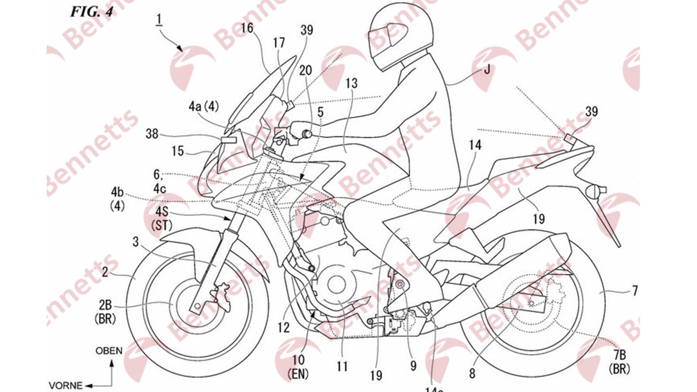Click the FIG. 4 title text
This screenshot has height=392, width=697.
point(91,11)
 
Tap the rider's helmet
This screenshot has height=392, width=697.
point(401,37)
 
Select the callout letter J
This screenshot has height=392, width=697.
point(487,69)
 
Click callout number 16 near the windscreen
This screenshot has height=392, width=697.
point(247,28)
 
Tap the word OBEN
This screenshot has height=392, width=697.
point(109,351)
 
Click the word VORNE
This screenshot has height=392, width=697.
point(65,385)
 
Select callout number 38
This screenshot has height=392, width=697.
point(152,134)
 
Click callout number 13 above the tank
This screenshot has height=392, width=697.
point(351,83)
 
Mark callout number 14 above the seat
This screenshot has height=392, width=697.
point(475,145)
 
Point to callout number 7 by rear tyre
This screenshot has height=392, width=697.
point(634,291)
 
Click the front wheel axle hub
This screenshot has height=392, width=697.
point(197,307)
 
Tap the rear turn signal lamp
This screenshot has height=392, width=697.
point(594,190)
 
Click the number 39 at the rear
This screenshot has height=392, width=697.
point(592,112)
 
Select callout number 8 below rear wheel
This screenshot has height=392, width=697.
point(472,373)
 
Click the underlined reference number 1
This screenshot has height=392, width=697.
point(159,19)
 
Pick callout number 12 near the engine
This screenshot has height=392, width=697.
point(284,327)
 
